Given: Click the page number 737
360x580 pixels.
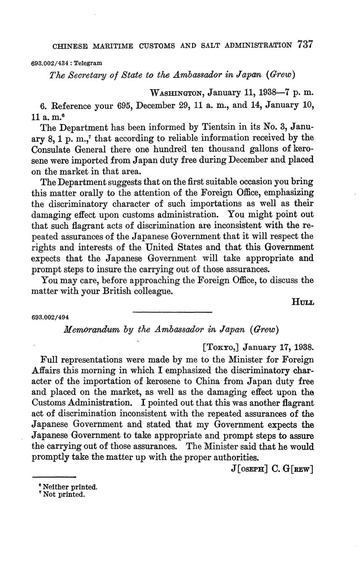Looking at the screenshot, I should [305, 45].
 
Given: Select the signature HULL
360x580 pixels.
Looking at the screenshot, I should [302, 302].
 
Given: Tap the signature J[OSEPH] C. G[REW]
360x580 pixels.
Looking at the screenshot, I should [272, 469].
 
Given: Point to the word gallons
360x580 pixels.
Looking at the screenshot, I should [237, 149].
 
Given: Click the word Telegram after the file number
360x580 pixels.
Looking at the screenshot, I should [88, 63].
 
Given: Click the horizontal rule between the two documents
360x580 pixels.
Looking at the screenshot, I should [172, 312].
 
